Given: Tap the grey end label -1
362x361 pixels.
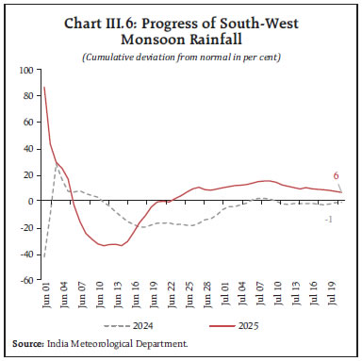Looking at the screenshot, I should click(327, 220).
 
